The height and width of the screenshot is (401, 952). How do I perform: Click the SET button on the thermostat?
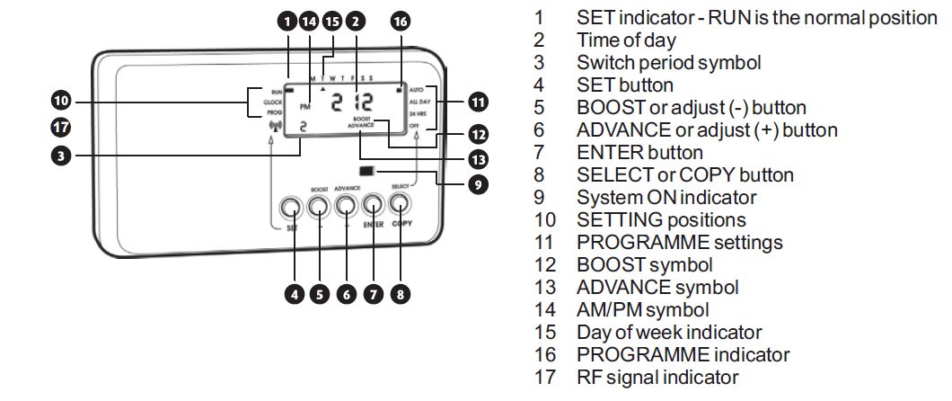click(290, 208)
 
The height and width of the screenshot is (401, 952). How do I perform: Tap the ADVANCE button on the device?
click(347, 207)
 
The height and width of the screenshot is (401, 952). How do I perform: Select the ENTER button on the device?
click(374, 208)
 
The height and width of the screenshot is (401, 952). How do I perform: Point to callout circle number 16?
click(401, 22)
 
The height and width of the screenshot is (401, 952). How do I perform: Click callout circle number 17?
click(61, 127)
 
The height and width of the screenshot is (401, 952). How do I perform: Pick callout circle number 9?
click(478, 184)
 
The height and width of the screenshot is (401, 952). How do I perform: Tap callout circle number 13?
click(478, 159)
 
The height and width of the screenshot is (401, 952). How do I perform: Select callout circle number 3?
click(61, 154)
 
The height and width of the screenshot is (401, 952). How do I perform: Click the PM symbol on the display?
click(305, 105)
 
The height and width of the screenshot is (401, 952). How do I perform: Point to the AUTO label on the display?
click(415, 91)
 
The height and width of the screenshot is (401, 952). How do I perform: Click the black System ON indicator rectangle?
click(366, 170)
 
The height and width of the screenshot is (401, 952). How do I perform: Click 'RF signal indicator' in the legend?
click(657, 378)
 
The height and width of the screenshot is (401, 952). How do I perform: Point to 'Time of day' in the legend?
click(626, 40)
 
